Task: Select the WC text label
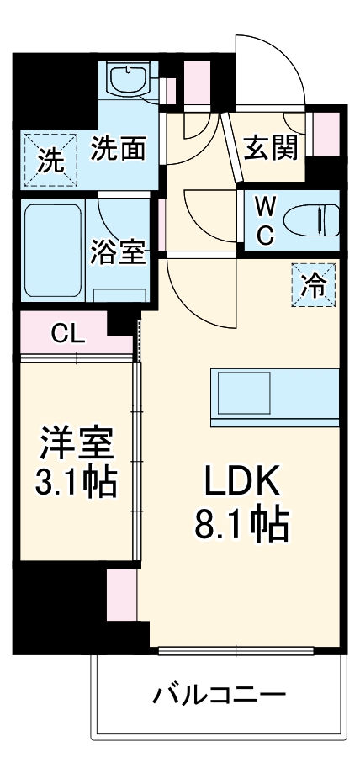pos(264,221)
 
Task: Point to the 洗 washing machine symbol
pos(52,160)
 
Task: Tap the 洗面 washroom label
pos(119,149)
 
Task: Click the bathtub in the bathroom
pos(52,250)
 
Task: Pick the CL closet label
pos(67,333)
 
